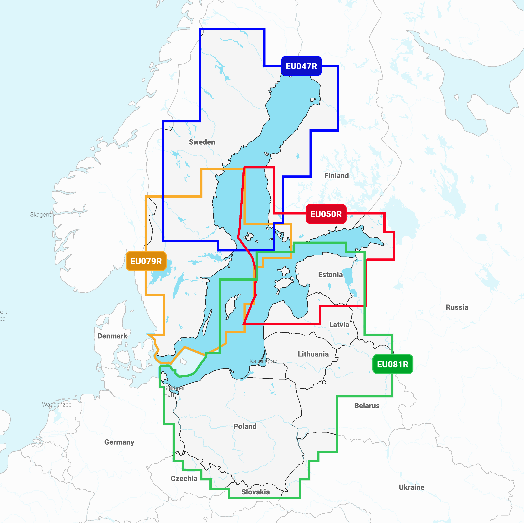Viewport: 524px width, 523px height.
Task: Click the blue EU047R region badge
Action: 301,66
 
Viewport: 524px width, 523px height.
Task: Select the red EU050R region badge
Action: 326,214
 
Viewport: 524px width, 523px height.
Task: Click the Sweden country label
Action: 202,142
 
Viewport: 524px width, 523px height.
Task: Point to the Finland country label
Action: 336,175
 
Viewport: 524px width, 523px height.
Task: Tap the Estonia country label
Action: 330,275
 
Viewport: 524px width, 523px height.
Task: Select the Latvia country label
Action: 339,325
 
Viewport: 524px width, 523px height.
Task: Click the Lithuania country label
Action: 313,354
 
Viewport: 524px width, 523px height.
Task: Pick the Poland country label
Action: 245,426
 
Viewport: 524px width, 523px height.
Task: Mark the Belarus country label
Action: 367,405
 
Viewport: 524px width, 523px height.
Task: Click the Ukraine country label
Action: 412,487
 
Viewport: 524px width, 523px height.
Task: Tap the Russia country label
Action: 457,307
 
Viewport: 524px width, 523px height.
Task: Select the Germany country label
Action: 119,442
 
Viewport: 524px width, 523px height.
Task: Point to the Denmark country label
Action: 112,336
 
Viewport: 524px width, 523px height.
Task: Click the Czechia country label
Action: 184,478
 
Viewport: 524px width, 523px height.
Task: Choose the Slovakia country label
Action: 256,492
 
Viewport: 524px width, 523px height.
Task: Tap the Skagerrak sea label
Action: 43,215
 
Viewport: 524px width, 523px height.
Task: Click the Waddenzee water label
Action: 57,404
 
